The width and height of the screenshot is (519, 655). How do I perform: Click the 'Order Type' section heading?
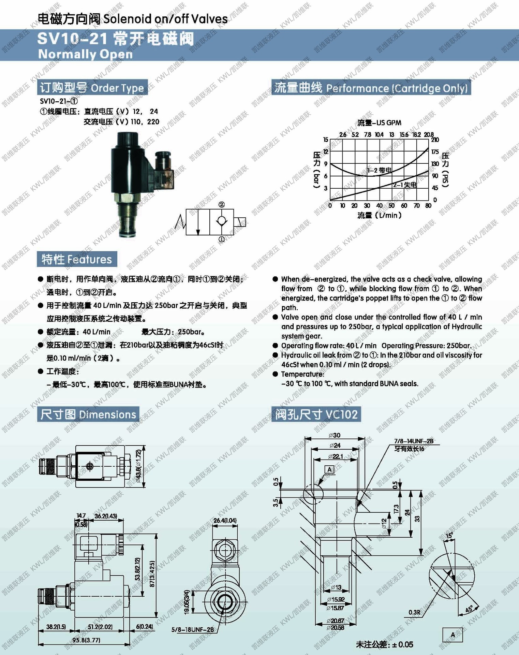tap(92, 88)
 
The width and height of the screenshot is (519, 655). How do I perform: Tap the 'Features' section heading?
tap(77, 260)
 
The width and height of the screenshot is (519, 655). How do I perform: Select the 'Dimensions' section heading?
tap(88, 414)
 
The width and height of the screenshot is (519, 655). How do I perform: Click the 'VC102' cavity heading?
tap(316, 414)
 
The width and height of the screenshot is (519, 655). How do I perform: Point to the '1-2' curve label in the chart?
tap(379, 170)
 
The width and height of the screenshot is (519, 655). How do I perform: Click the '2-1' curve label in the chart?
tap(405, 185)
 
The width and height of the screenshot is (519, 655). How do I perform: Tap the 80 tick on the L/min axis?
tap(428, 206)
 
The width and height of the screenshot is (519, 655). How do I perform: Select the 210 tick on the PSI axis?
tap(435, 140)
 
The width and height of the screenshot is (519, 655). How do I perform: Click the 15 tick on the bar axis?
tap(326, 140)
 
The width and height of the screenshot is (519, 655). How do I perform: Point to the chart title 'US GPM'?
tap(379, 123)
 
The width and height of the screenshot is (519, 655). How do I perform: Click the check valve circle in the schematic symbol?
tap(222, 221)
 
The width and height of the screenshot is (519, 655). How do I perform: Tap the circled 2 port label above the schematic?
tap(222, 204)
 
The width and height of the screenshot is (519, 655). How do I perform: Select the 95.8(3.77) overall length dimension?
tap(86, 640)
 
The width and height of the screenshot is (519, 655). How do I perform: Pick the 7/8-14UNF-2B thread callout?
tap(414, 441)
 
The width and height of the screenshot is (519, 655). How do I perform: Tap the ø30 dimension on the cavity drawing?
tap(335, 435)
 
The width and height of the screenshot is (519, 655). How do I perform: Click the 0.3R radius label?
tap(414, 612)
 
